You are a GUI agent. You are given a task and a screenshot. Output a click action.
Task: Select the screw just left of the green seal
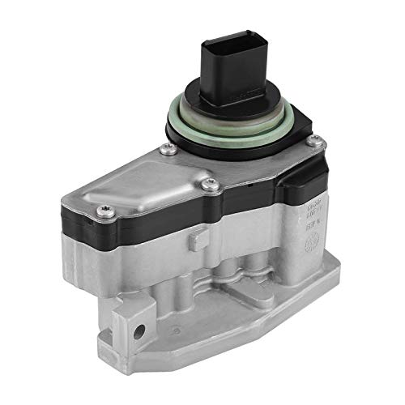point(167,148)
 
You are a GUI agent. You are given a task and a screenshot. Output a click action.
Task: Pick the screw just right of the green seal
point(317,143)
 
